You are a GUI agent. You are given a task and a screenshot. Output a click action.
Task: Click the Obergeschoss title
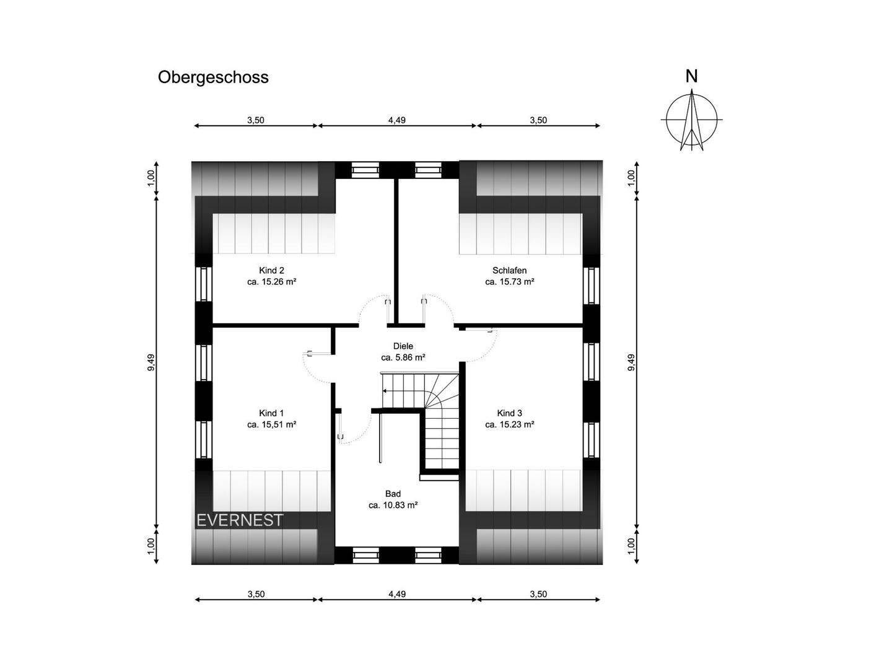coord(213,77)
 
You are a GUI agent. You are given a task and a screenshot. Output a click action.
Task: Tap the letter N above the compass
coord(691,76)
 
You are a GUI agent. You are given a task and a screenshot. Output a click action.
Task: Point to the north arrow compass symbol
coord(692,120)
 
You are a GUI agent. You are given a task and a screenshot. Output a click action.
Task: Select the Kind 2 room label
coord(271,270)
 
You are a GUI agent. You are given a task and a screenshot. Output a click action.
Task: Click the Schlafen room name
coord(509,270)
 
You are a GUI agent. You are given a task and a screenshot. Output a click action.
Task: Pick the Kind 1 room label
coord(271,413)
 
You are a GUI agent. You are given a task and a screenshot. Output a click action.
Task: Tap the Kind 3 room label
coord(509,413)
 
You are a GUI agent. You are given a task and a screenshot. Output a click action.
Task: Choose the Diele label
coord(403,346)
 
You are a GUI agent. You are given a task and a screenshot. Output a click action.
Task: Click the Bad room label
coord(393,494)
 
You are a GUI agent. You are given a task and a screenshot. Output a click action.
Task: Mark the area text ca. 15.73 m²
coord(509,281)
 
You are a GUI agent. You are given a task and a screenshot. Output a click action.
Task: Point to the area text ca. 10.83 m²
coord(393,505)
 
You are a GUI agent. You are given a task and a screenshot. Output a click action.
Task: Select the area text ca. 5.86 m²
coord(403,357)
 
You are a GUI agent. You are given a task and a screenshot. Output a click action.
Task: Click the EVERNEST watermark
coord(239,520)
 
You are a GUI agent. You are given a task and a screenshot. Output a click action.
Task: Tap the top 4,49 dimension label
coord(396,120)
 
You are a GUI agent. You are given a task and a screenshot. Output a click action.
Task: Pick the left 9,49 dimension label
coord(151,362)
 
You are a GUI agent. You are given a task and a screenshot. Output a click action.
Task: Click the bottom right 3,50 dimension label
coord(538,594)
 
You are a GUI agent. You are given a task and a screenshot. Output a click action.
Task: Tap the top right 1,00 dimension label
coord(631,178)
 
